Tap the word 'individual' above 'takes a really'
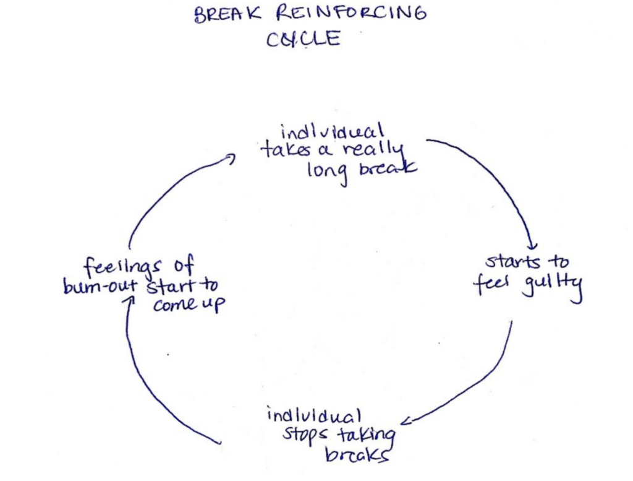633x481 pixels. click(332, 132)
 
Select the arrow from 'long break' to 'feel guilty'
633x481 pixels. click(495, 180)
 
